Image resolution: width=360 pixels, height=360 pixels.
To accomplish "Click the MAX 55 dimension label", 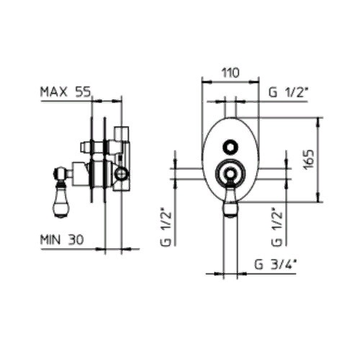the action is [x=66, y=92].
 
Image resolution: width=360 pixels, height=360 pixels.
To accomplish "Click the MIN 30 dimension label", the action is [x=62, y=240].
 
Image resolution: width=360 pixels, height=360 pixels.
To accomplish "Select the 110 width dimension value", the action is [x=230, y=73].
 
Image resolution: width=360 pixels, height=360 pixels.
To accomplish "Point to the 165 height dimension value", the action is [x=308, y=160].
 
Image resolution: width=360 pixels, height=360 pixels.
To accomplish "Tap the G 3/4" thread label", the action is [x=276, y=265].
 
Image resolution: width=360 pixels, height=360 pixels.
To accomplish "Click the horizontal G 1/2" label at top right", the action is [x=288, y=92].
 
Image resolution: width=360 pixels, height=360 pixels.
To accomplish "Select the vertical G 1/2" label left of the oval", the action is [x=166, y=229].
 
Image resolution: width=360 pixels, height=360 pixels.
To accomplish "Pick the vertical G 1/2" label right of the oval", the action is [x=276, y=229].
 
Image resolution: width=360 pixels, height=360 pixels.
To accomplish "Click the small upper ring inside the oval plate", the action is [x=230, y=140].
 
